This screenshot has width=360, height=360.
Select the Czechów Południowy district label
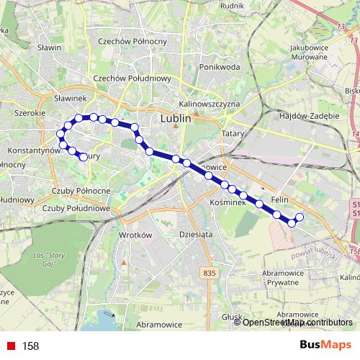pos(132,78)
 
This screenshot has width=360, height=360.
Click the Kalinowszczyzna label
pos(209,104)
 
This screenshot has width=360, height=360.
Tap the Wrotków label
pos(132,235)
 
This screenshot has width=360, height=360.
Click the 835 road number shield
pos(210,271)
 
